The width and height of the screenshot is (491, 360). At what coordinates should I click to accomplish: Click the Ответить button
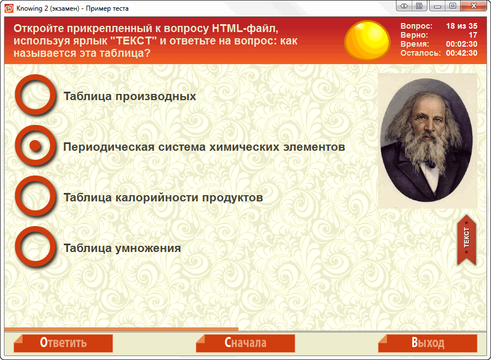point(63,343)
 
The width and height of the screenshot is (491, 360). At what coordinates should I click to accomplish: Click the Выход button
point(428,343)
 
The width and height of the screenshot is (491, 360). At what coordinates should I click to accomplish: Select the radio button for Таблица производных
point(35,94)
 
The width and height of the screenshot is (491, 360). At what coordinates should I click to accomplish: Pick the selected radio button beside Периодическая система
point(35,145)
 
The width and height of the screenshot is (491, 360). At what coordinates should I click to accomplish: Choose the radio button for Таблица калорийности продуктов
point(35,196)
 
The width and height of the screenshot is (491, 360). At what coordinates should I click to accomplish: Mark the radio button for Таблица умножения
point(35,247)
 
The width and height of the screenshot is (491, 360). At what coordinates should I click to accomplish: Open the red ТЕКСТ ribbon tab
point(467,240)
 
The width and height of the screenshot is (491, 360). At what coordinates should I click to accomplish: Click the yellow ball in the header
point(367,40)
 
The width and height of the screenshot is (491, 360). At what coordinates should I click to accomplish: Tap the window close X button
point(474,6)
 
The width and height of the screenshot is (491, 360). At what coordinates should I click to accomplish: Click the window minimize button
point(438,6)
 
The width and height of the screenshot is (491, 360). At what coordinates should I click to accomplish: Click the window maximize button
point(453,6)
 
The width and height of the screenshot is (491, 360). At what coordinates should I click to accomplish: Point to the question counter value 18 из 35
point(462,26)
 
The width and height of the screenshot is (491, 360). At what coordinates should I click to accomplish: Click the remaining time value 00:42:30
point(462,53)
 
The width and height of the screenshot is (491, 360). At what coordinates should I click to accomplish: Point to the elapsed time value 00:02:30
point(462,44)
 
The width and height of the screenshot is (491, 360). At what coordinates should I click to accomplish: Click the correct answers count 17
point(473,35)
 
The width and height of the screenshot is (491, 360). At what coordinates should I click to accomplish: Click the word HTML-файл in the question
point(245,29)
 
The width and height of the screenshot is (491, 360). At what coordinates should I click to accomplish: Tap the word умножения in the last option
point(148,248)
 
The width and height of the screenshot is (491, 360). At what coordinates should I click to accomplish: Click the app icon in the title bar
point(9,8)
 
